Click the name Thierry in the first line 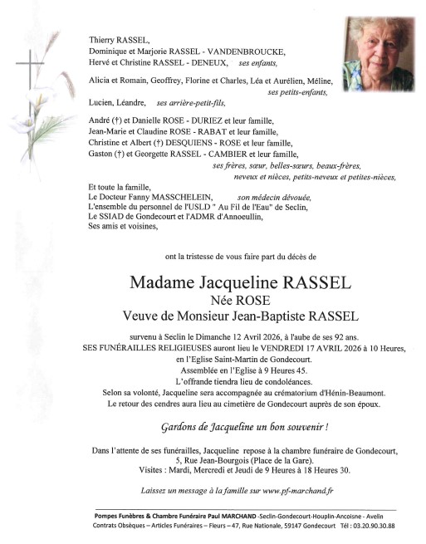coord(105,39)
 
